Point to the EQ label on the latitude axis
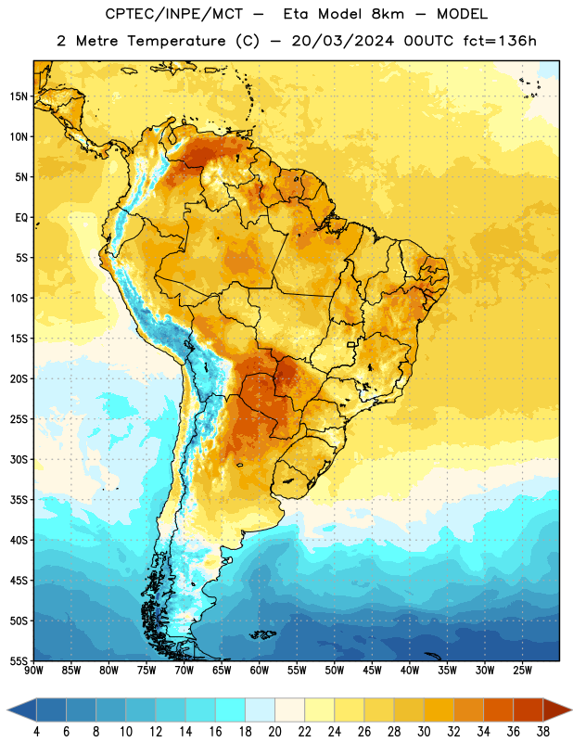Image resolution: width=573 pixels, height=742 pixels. pyautogui.click(x=21, y=218)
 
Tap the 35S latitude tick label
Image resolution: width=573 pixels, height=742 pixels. pyautogui.click(x=19, y=500)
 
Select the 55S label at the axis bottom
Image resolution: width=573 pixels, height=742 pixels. pyautogui.click(x=19, y=660)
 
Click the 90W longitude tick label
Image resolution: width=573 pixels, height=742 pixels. pyautogui.click(x=33, y=671)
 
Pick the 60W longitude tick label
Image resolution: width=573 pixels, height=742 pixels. pyautogui.click(x=260, y=671)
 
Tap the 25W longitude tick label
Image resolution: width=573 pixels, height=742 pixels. pyautogui.click(x=522, y=671)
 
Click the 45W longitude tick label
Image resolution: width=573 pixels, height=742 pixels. pyautogui.click(x=372, y=671)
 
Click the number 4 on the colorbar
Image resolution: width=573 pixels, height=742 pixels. pyautogui.click(x=36, y=732)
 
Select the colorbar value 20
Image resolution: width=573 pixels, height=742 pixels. pyautogui.click(x=274, y=732)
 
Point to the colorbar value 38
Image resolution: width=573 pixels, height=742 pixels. pyautogui.click(x=543, y=732)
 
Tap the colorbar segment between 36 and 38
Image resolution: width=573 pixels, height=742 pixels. pyautogui.click(x=528, y=710)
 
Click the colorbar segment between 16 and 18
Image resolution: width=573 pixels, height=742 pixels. pyautogui.click(x=231, y=710)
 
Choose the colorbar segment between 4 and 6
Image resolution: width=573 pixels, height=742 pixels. pyautogui.click(x=52, y=710)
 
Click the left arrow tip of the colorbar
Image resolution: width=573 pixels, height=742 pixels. pyautogui.click(x=7, y=710)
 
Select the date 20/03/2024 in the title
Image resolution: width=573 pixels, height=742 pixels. pyautogui.click(x=342, y=41)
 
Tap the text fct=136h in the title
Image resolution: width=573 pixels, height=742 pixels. pyautogui.click(x=500, y=41)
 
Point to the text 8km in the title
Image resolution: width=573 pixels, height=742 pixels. pyautogui.click(x=388, y=14)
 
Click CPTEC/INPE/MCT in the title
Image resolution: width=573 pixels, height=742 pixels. pyautogui.click(x=173, y=14)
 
